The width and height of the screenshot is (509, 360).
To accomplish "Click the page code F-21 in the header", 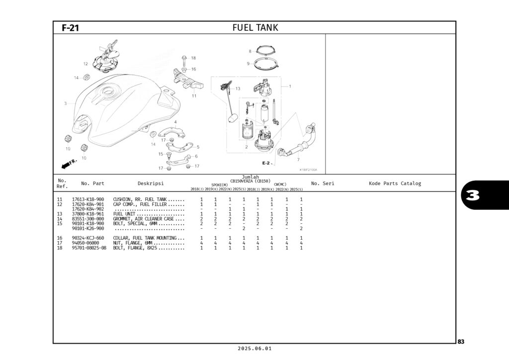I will click(70, 28).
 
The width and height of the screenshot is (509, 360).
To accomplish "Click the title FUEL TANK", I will click(255, 28).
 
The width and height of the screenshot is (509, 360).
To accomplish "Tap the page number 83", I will click(461, 342).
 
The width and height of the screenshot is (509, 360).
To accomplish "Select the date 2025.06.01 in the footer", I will click(254, 349).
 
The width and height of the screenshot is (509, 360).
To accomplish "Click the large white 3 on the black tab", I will click(473, 195).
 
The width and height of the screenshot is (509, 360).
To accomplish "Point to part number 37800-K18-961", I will click(88, 214).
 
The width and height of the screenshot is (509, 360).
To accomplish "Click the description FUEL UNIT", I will click(124, 214).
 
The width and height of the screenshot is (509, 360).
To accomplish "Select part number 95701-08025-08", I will click(89, 248).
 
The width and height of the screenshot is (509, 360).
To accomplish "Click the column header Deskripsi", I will click(151, 183).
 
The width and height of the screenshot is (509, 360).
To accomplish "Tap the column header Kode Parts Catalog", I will click(395, 183).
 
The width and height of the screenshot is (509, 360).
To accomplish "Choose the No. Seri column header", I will click(323, 183).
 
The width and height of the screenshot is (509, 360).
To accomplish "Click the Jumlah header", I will click(250, 177).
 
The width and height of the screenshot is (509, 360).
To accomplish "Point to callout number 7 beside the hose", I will click(298, 160).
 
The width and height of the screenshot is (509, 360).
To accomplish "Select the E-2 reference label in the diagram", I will click(266, 163).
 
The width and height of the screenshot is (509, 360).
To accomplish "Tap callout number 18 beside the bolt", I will click(193, 58).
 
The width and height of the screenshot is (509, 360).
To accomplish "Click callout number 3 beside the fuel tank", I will click(65, 103).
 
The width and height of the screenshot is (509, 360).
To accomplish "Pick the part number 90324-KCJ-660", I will click(88, 238).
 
